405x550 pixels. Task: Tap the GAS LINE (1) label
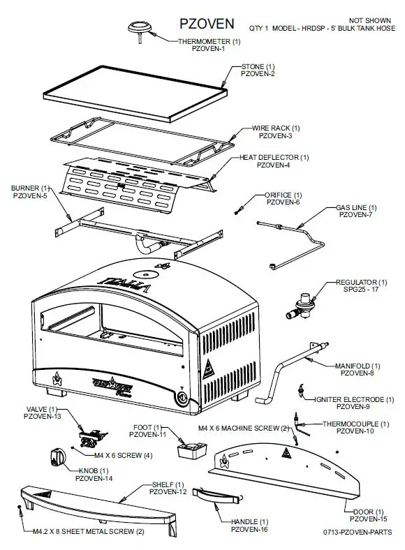356,207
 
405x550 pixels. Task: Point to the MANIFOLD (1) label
357,366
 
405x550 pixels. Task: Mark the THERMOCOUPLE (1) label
355,424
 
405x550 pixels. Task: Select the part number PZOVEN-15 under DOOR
368,519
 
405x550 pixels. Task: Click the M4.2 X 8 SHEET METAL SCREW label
89,532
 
